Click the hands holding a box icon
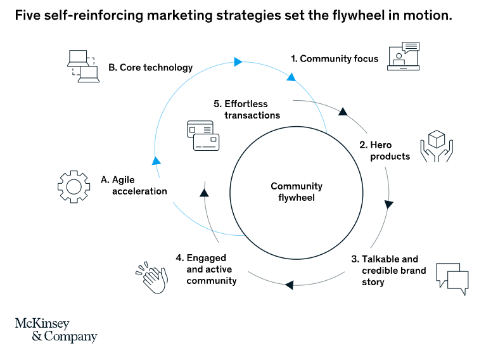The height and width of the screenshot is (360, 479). click(437, 146)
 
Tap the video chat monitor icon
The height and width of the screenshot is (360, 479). click(404, 58)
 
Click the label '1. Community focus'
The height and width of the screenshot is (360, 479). click(334, 59)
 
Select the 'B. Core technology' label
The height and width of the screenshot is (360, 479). click(150, 67)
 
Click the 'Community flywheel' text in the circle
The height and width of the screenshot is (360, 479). click(297, 191)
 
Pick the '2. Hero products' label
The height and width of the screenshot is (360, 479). click(385, 151)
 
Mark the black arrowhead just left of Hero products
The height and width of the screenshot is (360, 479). click(343, 112)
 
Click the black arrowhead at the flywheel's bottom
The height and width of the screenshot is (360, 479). click(289, 285)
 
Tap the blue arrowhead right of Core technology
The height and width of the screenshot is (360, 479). click(238, 61)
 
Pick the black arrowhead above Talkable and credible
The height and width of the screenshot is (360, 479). click(388, 205)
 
